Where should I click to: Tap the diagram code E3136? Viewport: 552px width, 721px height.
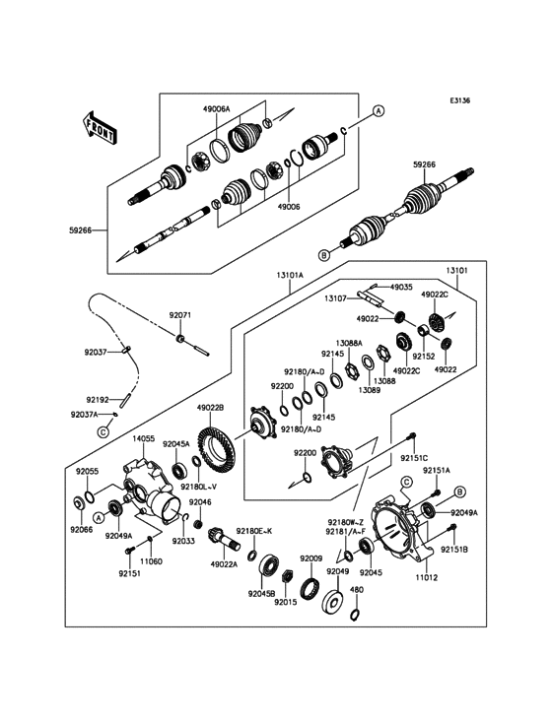click(x=460, y=100)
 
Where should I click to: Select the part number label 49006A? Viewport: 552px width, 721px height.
click(x=216, y=109)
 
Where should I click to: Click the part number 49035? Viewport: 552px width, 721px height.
click(x=401, y=287)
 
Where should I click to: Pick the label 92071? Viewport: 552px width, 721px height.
click(x=180, y=315)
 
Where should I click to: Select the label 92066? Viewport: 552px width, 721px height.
click(x=82, y=530)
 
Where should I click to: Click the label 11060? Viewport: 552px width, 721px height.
click(x=152, y=561)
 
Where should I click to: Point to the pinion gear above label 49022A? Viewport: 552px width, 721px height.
click(x=224, y=540)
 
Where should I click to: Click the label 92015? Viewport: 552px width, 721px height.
click(x=286, y=602)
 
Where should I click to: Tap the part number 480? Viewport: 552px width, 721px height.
click(x=357, y=590)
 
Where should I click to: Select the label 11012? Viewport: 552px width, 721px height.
click(x=428, y=577)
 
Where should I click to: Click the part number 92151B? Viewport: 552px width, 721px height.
click(x=454, y=549)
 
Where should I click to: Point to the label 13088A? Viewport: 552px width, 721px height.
click(x=349, y=343)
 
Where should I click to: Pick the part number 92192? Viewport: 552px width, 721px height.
click(x=98, y=400)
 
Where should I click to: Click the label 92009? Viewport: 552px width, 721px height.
click(x=311, y=558)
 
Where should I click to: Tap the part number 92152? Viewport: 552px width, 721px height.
click(x=424, y=356)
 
